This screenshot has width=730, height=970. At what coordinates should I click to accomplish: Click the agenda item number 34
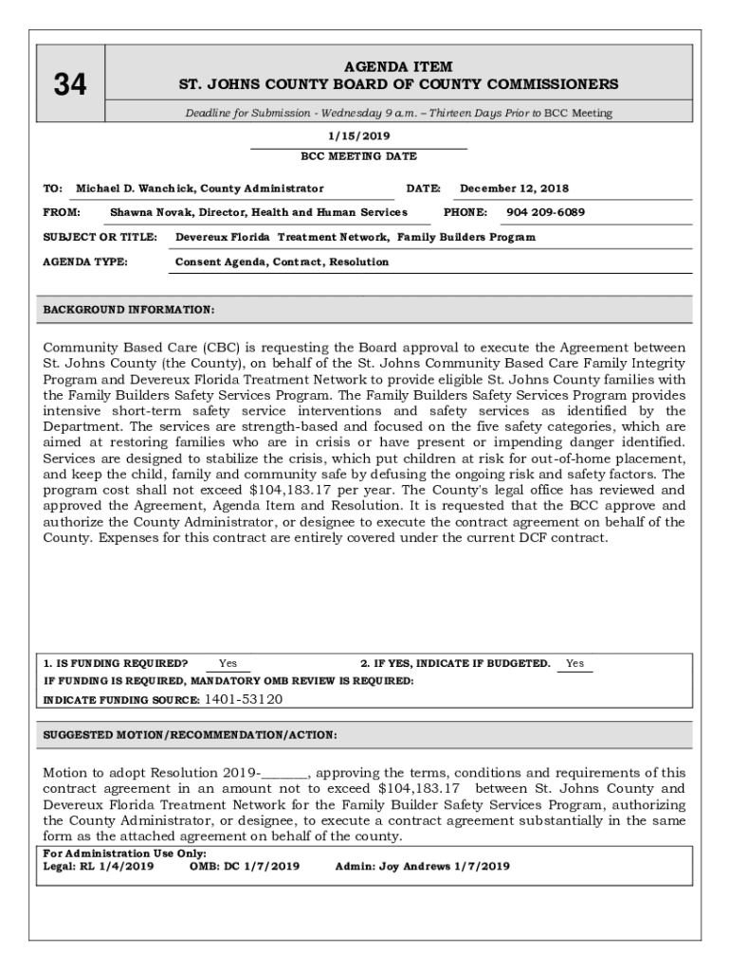tap(69, 85)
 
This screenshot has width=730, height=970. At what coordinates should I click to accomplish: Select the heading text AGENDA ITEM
tap(399, 67)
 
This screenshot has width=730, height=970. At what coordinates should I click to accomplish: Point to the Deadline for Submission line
tap(398, 113)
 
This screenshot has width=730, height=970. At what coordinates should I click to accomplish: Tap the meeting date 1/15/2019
tap(358, 136)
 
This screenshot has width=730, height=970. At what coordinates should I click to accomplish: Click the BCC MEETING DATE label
tap(358, 156)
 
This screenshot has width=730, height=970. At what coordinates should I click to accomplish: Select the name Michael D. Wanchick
tap(134, 189)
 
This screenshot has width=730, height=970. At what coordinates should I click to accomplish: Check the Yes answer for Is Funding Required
tap(228, 664)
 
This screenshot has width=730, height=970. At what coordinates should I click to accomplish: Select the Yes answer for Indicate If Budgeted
tap(575, 664)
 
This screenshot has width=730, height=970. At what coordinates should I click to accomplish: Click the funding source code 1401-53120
tap(244, 700)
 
